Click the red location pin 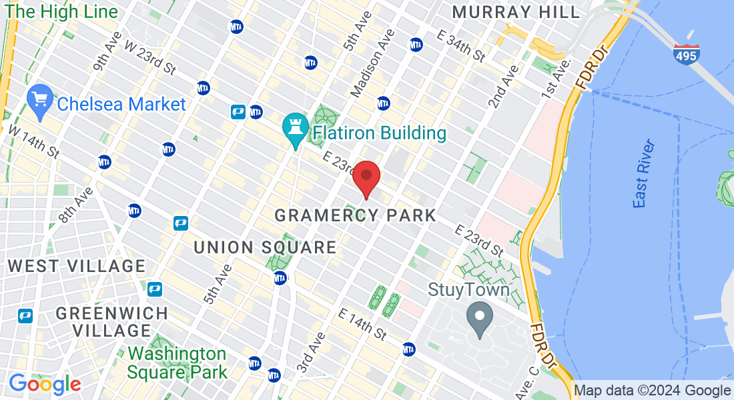click(x=366, y=177)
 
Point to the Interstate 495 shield click(x=686, y=54)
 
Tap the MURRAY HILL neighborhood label click(x=516, y=12)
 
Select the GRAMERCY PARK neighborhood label click(x=355, y=215)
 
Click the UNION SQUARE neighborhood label click(x=265, y=247)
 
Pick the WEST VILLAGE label click(x=77, y=266)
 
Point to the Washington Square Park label click(x=177, y=363)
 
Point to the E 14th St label click(x=362, y=323)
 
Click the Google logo click(x=45, y=384)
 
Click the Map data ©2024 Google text click(x=652, y=391)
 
